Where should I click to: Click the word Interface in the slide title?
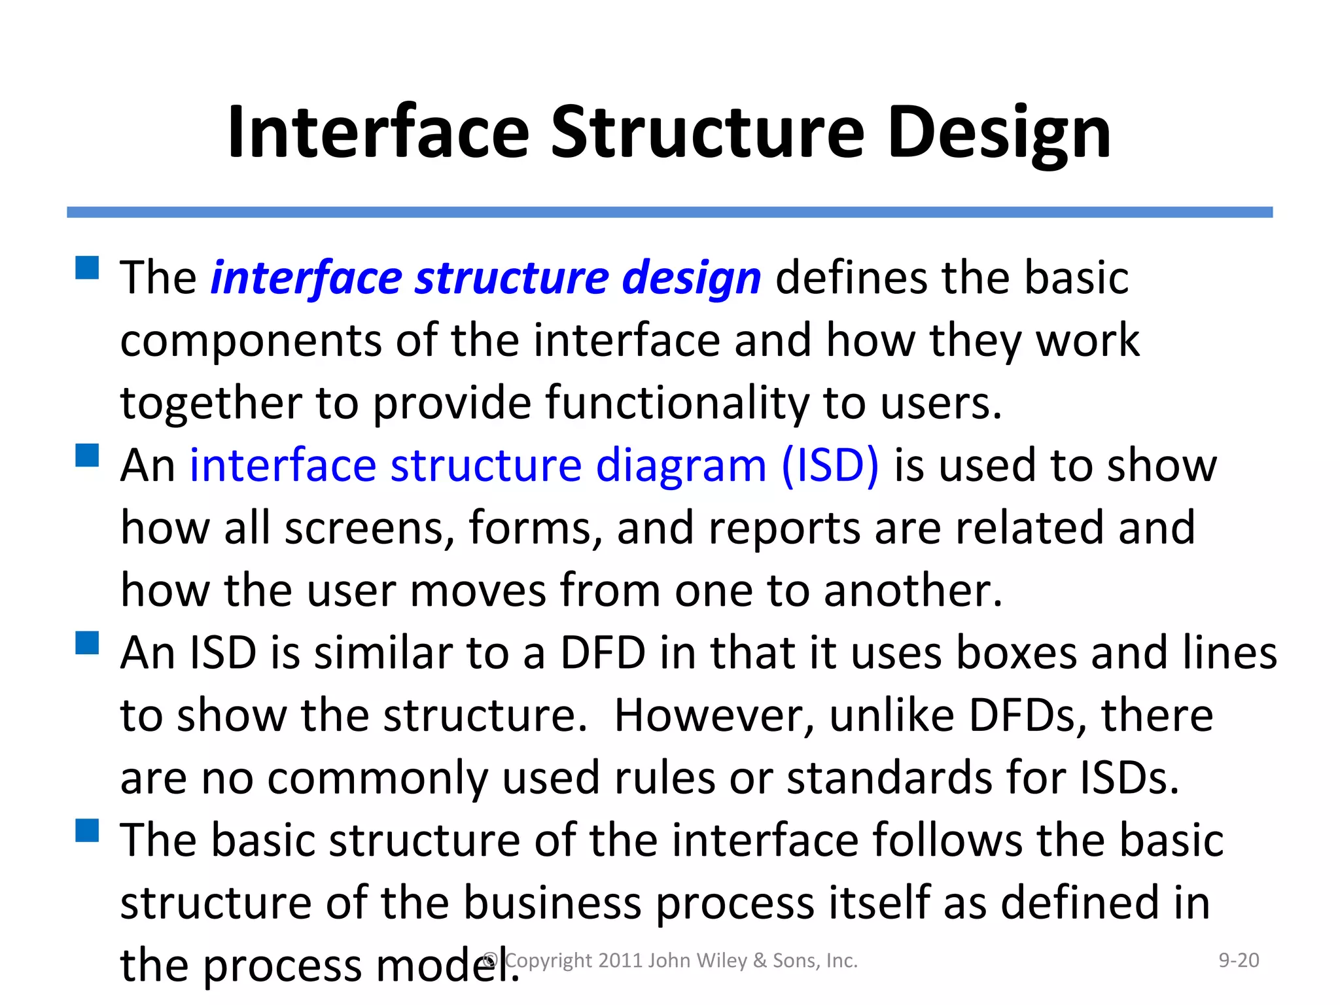[378, 133]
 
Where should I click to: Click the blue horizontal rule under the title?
[669, 212]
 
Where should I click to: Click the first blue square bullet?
[87, 268]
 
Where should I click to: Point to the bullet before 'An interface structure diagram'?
[87, 455]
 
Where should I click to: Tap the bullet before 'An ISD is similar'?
[87, 643]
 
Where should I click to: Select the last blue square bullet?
[87, 830]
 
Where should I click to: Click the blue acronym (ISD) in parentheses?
[830, 466]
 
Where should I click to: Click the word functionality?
[677, 402]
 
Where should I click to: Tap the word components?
[251, 342]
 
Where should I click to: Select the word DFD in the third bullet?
[603, 654]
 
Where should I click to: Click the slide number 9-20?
[1238, 960]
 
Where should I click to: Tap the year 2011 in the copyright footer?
[620, 960]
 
